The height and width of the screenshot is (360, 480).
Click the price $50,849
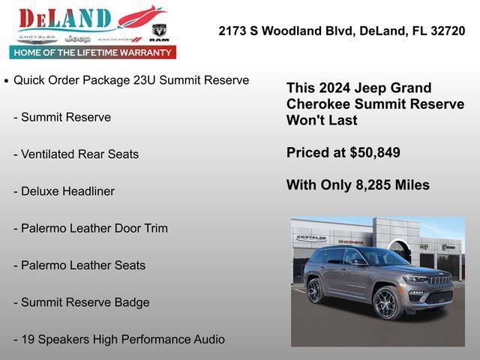[375, 153]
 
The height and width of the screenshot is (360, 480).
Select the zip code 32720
[445, 31]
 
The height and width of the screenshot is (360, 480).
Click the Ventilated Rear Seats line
[79, 154]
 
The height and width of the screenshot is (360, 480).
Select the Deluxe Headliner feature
[67, 191]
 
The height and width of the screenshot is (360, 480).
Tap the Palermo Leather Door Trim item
[94, 228]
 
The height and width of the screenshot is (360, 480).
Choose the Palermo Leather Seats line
[83, 265]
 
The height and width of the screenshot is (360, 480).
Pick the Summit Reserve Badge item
[85, 302]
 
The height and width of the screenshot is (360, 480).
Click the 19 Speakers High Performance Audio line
[122, 340]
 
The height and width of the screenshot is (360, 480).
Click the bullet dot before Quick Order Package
[7, 80]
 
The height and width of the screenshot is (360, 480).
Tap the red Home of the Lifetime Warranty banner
[93, 52]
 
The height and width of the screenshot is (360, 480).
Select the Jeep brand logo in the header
[77, 38]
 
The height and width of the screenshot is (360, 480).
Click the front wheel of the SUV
[387, 302]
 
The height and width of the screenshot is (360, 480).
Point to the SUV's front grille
[439, 280]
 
